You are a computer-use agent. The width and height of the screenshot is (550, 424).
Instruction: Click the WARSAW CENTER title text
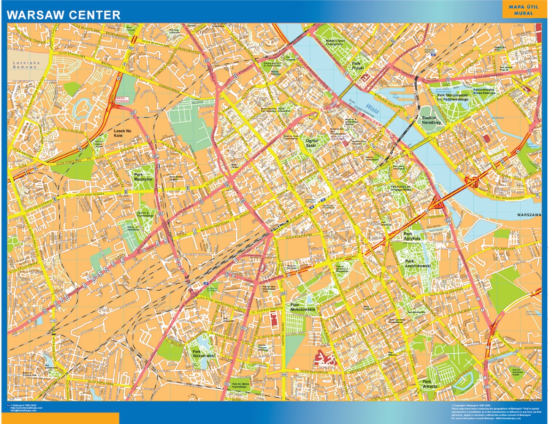tap(64, 15)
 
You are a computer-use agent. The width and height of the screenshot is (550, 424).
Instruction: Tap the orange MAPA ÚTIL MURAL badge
tap(524, 10)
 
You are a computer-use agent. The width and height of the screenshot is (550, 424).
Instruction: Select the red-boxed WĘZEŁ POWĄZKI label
tap(121, 100)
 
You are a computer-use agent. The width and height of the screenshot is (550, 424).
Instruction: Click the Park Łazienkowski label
tap(418, 263)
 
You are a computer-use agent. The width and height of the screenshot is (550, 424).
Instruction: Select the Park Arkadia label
tap(429, 383)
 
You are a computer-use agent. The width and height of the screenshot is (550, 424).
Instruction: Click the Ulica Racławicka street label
tap(311, 372)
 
